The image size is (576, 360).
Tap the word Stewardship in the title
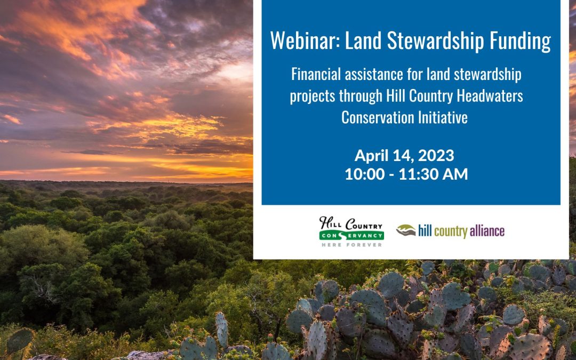[435, 41]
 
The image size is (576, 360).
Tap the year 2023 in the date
[436, 155]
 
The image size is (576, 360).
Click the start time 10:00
[364, 174]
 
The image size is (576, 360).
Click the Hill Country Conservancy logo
[351, 231]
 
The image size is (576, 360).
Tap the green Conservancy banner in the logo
[351, 235]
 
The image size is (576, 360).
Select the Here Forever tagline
[351, 245]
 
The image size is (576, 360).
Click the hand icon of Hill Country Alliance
[405, 230]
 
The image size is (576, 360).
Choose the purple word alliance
[487, 231]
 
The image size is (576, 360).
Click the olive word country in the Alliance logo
[450, 232]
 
